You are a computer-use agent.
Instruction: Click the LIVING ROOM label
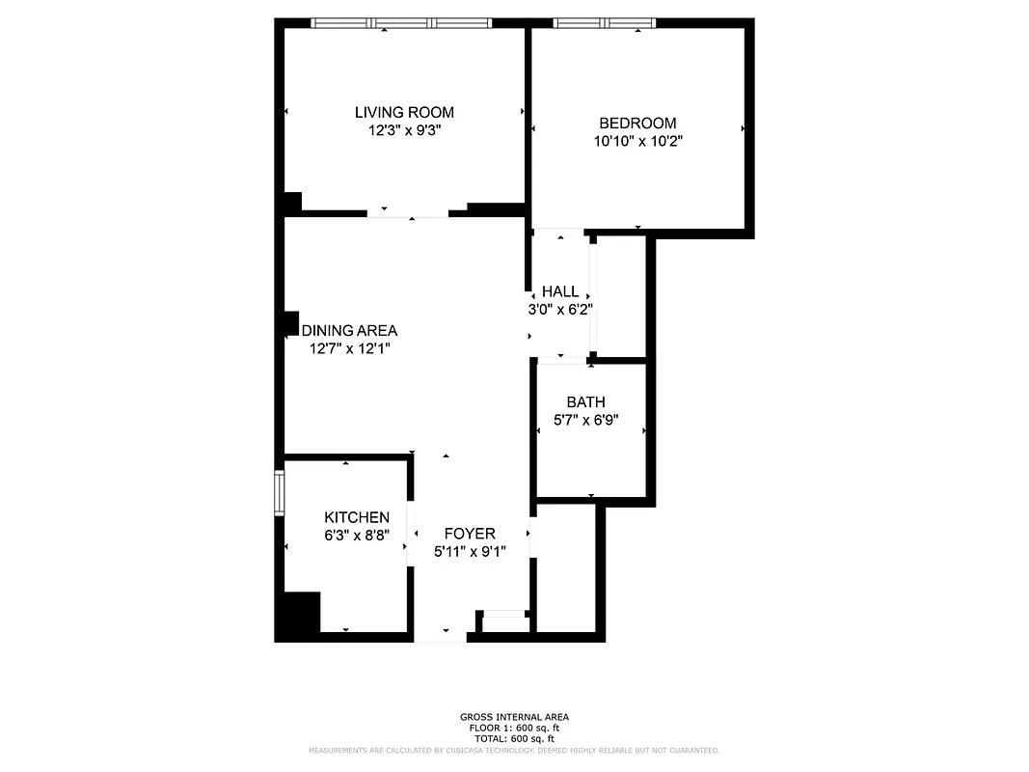[x=404, y=113]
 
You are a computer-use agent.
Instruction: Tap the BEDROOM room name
[x=637, y=124]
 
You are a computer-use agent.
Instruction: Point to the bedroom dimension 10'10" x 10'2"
[x=637, y=141]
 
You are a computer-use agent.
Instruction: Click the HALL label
[x=560, y=291]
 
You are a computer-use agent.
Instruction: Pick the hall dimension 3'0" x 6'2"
[x=560, y=309]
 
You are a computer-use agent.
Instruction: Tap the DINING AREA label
[x=350, y=331]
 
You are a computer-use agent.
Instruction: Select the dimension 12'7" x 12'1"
[x=350, y=348]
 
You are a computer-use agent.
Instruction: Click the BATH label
[x=586, y=402]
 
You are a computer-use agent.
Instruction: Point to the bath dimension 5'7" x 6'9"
[x=586, y=420]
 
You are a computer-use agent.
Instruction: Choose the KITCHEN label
[x=357, y=518]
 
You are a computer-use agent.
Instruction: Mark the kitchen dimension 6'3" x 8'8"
[x=357, y=536]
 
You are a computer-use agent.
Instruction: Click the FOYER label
[x=470, y=534]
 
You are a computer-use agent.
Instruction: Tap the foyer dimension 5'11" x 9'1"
[x=470, y=551]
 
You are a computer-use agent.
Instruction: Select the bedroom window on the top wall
[x=605, y=22]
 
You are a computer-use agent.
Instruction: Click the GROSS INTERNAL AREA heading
[x=514, y=717]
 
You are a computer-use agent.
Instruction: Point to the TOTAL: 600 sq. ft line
[x=514, y=737]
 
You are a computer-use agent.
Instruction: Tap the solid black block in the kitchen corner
[x=298, y=615]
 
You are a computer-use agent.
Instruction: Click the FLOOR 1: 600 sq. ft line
[x=514, y=728]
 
